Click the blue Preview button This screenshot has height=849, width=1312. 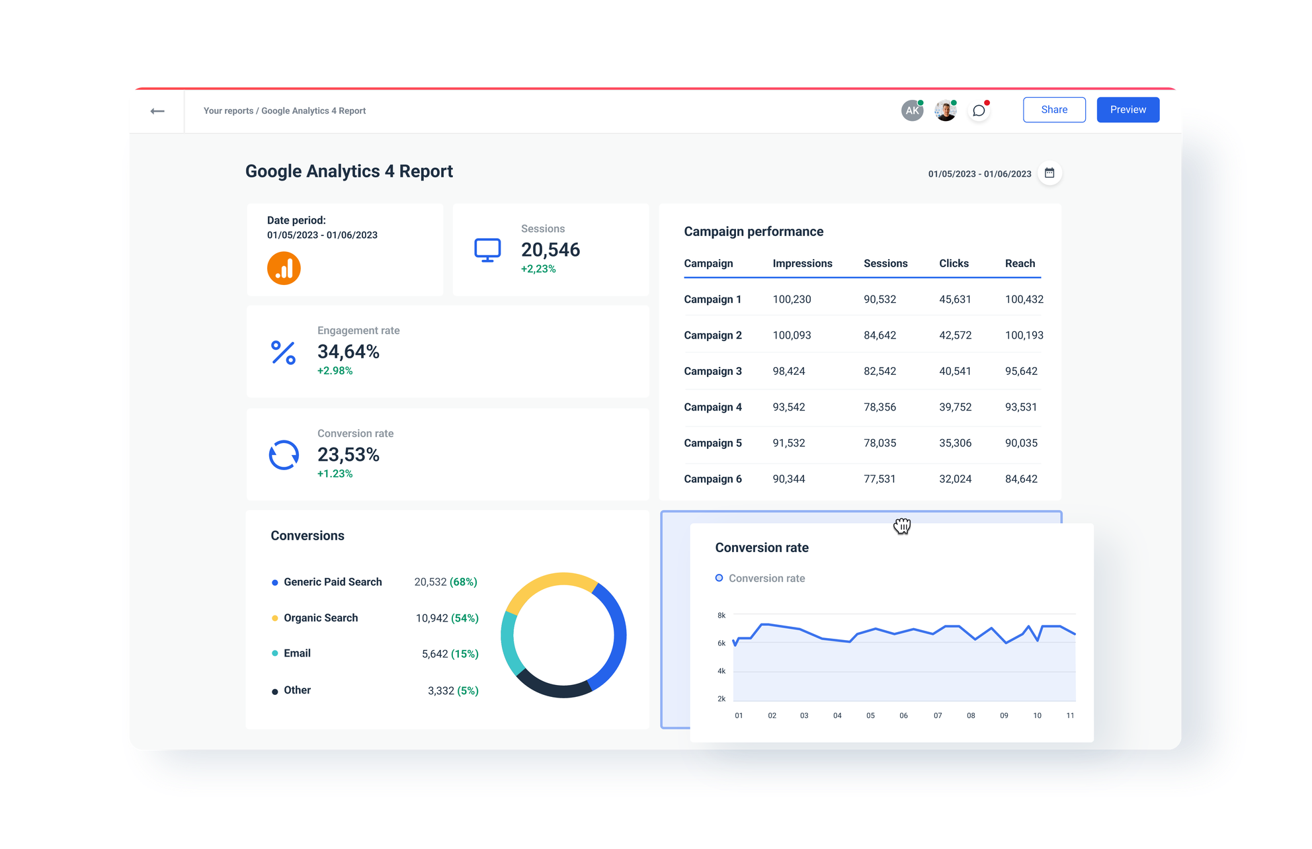1127,110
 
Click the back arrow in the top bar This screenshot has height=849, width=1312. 157,111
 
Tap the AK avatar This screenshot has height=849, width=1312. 912,110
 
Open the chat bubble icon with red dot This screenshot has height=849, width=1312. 979,111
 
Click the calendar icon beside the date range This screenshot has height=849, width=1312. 1049,173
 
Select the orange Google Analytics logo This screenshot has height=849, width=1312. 284,268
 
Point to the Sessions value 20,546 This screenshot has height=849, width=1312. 550,250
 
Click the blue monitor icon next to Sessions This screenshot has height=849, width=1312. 487,250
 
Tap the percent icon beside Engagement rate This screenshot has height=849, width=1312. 283,352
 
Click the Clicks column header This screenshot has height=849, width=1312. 954,263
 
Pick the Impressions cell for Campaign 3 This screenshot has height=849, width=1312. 789,371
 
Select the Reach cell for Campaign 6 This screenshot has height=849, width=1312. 1021,479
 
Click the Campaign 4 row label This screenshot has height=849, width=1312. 713,407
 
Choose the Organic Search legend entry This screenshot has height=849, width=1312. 321,618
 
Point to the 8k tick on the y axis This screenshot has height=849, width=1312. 721,616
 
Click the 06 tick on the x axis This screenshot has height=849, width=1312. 903,715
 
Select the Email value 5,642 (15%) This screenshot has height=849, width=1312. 450,654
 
